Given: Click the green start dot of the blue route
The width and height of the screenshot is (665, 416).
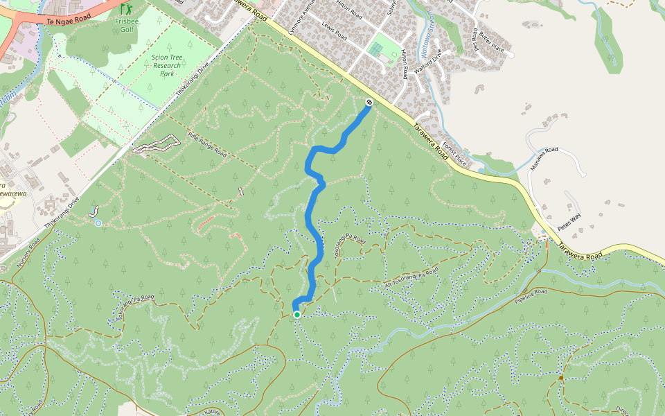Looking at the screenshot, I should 297,314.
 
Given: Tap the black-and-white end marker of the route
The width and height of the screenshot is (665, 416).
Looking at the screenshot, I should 369,103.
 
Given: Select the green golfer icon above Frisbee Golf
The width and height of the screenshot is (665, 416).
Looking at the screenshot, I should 125,9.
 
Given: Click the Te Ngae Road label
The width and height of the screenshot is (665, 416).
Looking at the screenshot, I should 68,20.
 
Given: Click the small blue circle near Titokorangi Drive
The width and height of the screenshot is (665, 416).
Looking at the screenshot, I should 98,223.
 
